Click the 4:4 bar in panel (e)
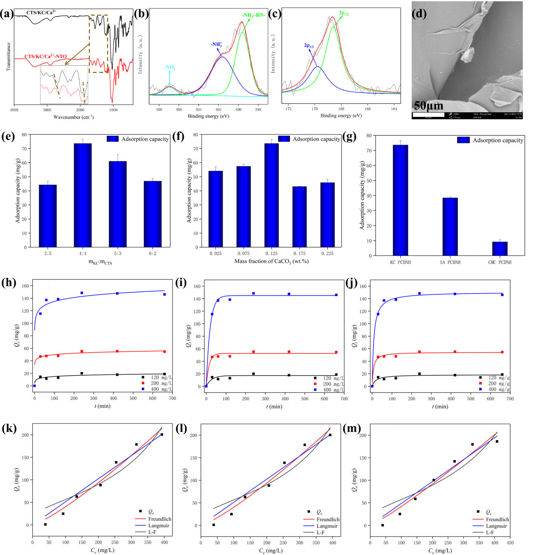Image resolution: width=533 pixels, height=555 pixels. click(83, 195)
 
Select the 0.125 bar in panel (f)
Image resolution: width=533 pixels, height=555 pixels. click(272, 195)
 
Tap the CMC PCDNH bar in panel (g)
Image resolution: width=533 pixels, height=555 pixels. click(500, 248)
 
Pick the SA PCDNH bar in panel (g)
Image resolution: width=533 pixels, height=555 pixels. click(450, 226)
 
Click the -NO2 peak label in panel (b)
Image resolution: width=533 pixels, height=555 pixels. click(170, 67)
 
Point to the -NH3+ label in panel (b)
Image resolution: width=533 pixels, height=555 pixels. click(217, 45)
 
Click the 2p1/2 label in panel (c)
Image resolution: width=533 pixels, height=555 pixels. click(309, 46)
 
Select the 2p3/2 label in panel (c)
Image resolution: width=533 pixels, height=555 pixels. click(344, 13)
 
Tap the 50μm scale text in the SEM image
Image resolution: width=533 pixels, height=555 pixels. click(428, 105)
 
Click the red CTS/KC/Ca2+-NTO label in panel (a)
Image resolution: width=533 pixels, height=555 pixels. click(46, 56)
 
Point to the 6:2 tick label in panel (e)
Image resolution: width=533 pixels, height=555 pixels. click(153, 253)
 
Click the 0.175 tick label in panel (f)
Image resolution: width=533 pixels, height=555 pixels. click(299, 253)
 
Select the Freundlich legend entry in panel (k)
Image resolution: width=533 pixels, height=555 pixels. click(159, 519)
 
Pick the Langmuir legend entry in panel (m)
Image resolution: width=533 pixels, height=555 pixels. click(496, 526)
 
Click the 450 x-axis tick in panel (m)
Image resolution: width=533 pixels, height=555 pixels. click(510, 543)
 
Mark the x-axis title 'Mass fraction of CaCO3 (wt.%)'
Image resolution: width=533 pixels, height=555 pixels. click(272, 261)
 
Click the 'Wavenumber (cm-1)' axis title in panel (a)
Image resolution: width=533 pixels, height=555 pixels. click(73, 117)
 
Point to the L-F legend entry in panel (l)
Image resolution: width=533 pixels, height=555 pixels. click(320, 533)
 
